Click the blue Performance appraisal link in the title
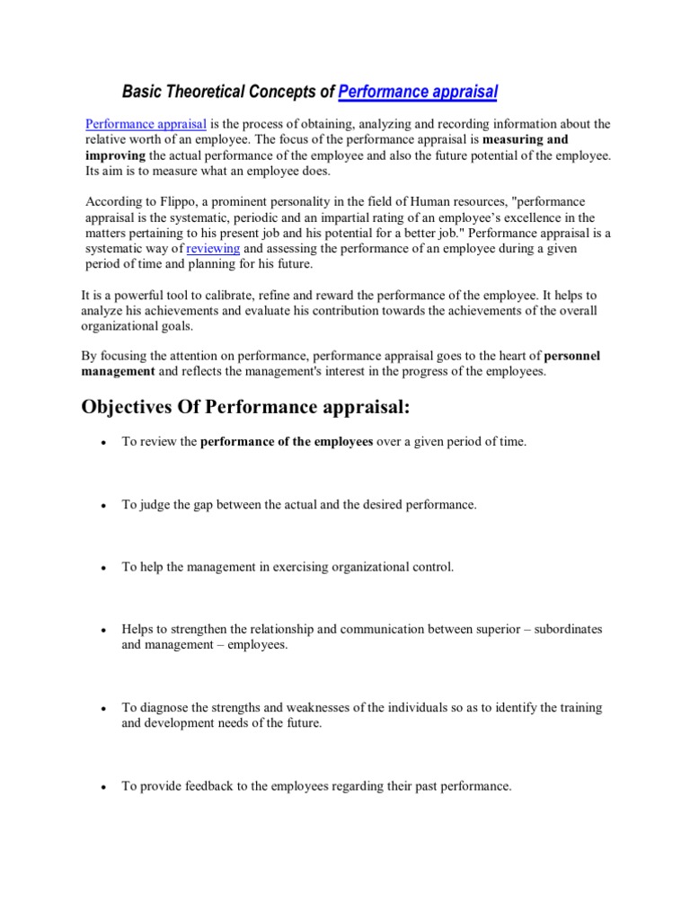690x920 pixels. coord(418,92)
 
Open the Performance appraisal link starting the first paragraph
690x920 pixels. coord(146,124)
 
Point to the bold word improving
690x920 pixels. coord(113,155)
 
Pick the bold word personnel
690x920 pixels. coord(571,356)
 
